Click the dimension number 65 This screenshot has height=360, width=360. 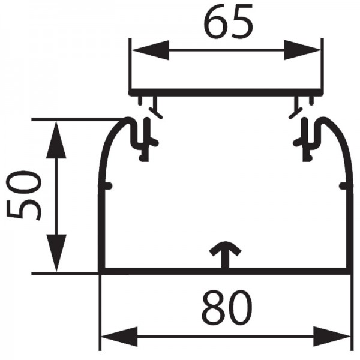tap(229, 21)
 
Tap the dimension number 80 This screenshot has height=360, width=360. tap(227, 307)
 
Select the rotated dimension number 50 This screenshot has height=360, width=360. tap(24, 196)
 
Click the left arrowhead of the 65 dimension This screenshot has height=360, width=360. tap(151, 50)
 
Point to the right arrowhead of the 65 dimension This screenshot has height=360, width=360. tap(302, 50)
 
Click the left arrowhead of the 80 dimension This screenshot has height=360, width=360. tap(119, 337)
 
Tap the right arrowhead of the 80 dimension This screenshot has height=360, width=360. tap(332, 337)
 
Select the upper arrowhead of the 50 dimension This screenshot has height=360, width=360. tap(56, 139)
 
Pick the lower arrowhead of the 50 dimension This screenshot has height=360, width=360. tap(56, 253)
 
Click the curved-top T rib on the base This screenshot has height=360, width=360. tap(226, 255)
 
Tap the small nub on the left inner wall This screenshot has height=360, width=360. tap(107, 186)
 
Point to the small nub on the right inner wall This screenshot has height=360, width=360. tap(343, 186)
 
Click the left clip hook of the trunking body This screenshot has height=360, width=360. tap(142, 140)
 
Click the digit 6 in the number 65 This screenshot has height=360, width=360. tap(215, 21)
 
